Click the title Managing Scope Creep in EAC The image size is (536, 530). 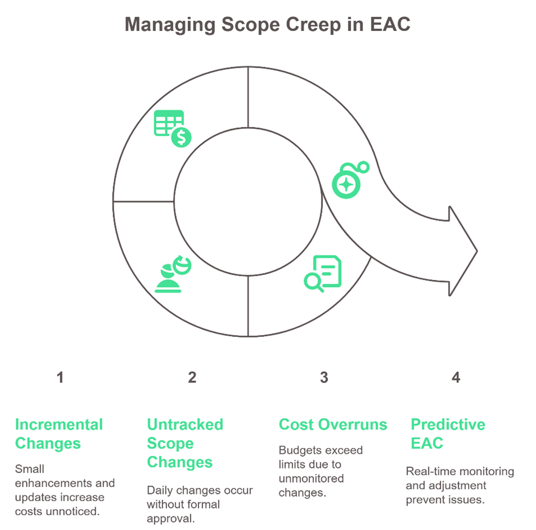(x=268, y=25)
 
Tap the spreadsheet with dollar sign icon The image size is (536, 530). (x=172, y=128)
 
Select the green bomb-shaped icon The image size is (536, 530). (x=349, y=180)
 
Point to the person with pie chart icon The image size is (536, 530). (x=172, y=274)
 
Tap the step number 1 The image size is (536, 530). (x=60, y=378)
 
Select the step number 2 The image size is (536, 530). (x=192, y=378)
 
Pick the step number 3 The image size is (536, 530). (x=324, y=378)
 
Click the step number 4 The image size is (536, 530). (x=455, y=378)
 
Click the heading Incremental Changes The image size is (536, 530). (x=59, y=434)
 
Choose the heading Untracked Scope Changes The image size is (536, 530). (x=185, y=443)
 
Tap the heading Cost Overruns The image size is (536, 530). (x=333, y=425)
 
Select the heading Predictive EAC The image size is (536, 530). (x=448, y=434)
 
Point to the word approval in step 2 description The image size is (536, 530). (x=171, y=518)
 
